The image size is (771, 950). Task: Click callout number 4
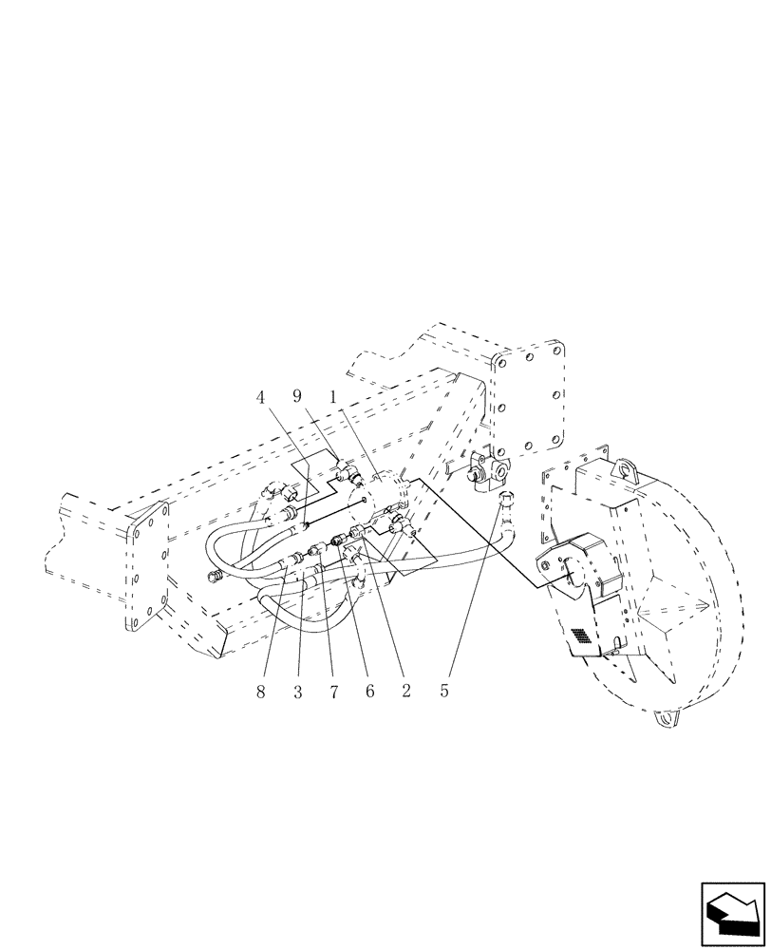pyautogui.click(x=260, y=397)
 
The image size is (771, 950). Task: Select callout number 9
pyautogui.click(x=297, y=397)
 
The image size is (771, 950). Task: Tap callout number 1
pyautogui.click(x=334, y=397)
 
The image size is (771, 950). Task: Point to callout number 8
pyautogui.click(x=260, y=693)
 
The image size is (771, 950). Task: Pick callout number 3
pyautogui.click(x=297, y=693)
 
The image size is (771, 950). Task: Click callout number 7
pyautogui.click(x=333, y=693)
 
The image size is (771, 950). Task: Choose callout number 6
pyautogui.click(x=369, y=693)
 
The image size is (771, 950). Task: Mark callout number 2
pyautogui.click(x=406, y=693)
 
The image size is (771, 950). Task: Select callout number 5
pyautogui.click(x=443, y=693)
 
